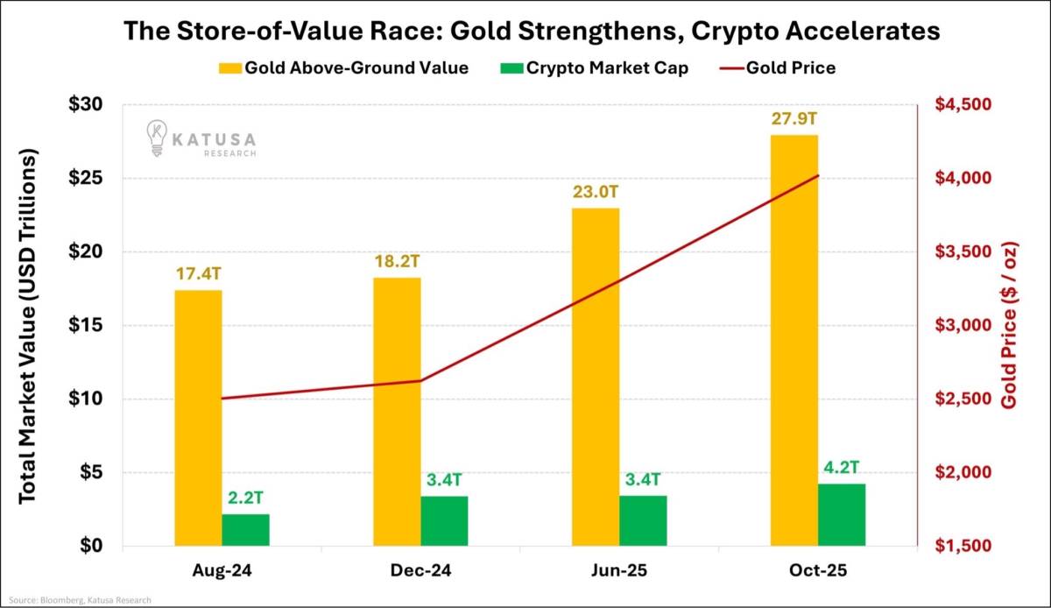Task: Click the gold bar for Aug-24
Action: (x=198, y=418)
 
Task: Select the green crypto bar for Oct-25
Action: (x=842, y=514)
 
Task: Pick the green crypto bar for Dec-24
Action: (x=444, y=520)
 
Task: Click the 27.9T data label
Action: (x=794, y=119)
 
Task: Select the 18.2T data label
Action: (x=397, y=262)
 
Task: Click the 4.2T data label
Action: (x=842, y=468)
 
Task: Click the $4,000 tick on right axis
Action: (x=956, y=178)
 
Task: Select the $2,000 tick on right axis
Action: (x=956, y=472)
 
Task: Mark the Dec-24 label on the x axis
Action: (x=420, y=570)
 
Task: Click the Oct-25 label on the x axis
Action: (x=818, y=570)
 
